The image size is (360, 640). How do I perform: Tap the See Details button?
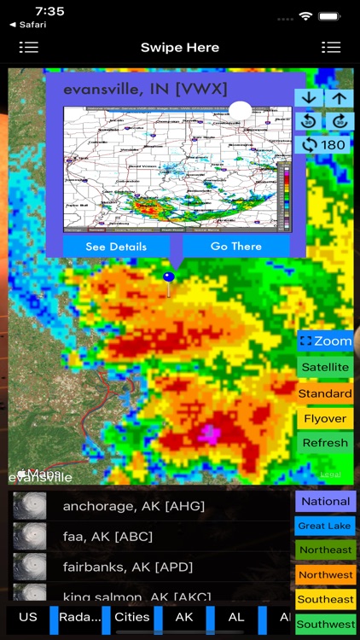pyautogui.click(x=116, y=246)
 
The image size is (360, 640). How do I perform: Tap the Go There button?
pyautogui.click(x=236, y=246)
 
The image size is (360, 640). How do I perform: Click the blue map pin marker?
pyautogui.click(x=169, y=277)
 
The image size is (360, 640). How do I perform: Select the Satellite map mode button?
pyautogui.click(x=325, y=367)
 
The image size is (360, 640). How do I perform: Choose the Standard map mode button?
pyautogui.click(x=325, y=393)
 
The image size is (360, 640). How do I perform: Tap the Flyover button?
pyautogui.click(x=325, y=418)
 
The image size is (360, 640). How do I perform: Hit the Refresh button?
pyautogui.click(x=325, y=443)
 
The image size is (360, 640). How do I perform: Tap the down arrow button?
pyautogui.click(x=309, y=98)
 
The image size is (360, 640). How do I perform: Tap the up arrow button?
pyautogui.click(x=340, y=98)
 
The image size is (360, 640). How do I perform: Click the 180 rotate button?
pyautogui.click(x=324, y=144)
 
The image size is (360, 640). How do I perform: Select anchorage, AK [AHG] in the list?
pyautogui.click(x=134, y=506)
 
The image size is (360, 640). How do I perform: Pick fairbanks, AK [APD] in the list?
pyautogui.click(x=128, y=567)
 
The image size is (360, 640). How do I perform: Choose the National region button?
pyautogui.click(x=326, y=501)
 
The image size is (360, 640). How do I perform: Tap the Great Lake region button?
pyautogui.click(x=326, y=526)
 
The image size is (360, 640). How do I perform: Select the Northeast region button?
pyautogui.click(x=326, y=550)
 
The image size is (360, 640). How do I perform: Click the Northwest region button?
pyautogui.click(x=326, y=575)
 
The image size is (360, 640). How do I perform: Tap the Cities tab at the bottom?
pyautogui.click(x=132, y=617)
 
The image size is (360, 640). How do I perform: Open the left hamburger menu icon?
pyautogui.click(x=29, y=47)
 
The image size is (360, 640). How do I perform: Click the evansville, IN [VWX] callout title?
pyautogui.click(x=146, y=90)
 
